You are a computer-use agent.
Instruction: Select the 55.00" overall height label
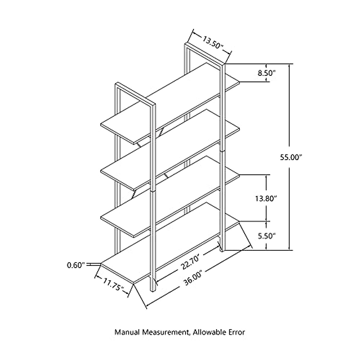(291, 157)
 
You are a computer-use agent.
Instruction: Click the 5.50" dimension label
(266, 236)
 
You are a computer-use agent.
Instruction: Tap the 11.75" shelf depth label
(113, 284)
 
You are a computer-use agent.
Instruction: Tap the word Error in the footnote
(238, 332)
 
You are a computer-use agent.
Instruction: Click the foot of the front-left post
(153, 288)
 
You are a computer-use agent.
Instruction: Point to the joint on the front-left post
(153, 190)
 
